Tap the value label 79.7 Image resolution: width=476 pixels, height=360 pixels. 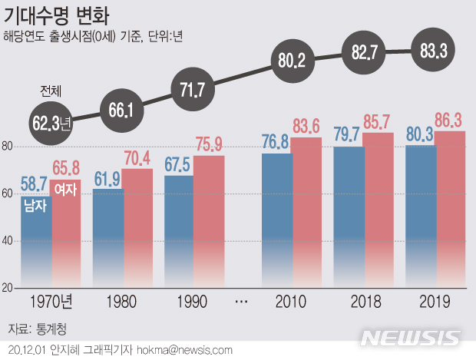tap(349, 135)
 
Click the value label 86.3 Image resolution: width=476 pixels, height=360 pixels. tap(450, 121)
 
